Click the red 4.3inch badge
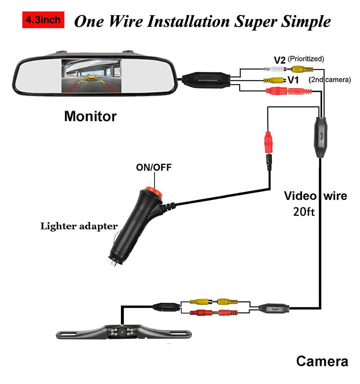[43, 21]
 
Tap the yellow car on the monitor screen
[92, 77]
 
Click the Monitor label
[90, 117]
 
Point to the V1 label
[293, 80]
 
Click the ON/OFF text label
[154, 168]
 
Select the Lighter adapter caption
[79, 226]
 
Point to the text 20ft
[305, 212]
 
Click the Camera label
[322, 361]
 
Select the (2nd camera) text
[329, 80]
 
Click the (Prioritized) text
[306, 58]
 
